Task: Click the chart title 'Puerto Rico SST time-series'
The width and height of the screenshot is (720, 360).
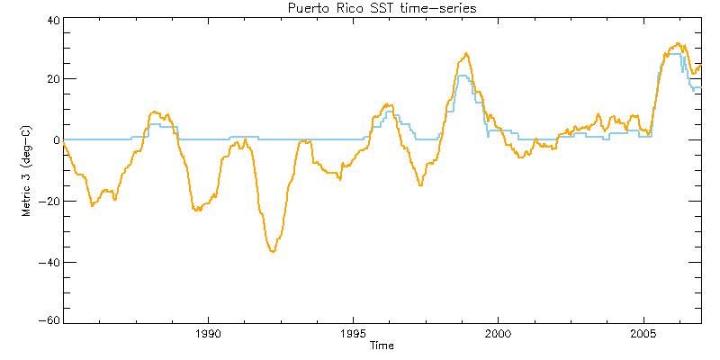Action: coord(382,8)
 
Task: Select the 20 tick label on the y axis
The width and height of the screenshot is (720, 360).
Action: coord(53,79)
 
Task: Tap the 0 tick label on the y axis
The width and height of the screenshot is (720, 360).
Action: coord(57,140)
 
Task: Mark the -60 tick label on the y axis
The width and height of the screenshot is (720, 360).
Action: coord(50,321)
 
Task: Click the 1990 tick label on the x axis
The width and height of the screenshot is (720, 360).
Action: coord(209,333)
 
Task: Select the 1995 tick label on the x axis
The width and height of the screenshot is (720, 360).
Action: coord(354,333)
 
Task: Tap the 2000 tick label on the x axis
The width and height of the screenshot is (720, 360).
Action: coord(499,333)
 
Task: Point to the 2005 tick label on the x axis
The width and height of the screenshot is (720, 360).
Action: coord(643,333)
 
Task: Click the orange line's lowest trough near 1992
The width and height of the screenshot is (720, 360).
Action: coord(272,251)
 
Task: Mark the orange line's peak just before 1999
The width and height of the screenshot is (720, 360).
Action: coord(465,54)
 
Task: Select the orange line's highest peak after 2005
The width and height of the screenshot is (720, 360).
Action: coord(678,43)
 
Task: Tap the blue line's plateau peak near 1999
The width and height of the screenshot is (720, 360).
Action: coord(463,76)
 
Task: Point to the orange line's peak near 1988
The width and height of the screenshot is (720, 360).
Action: coord(156,112)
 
